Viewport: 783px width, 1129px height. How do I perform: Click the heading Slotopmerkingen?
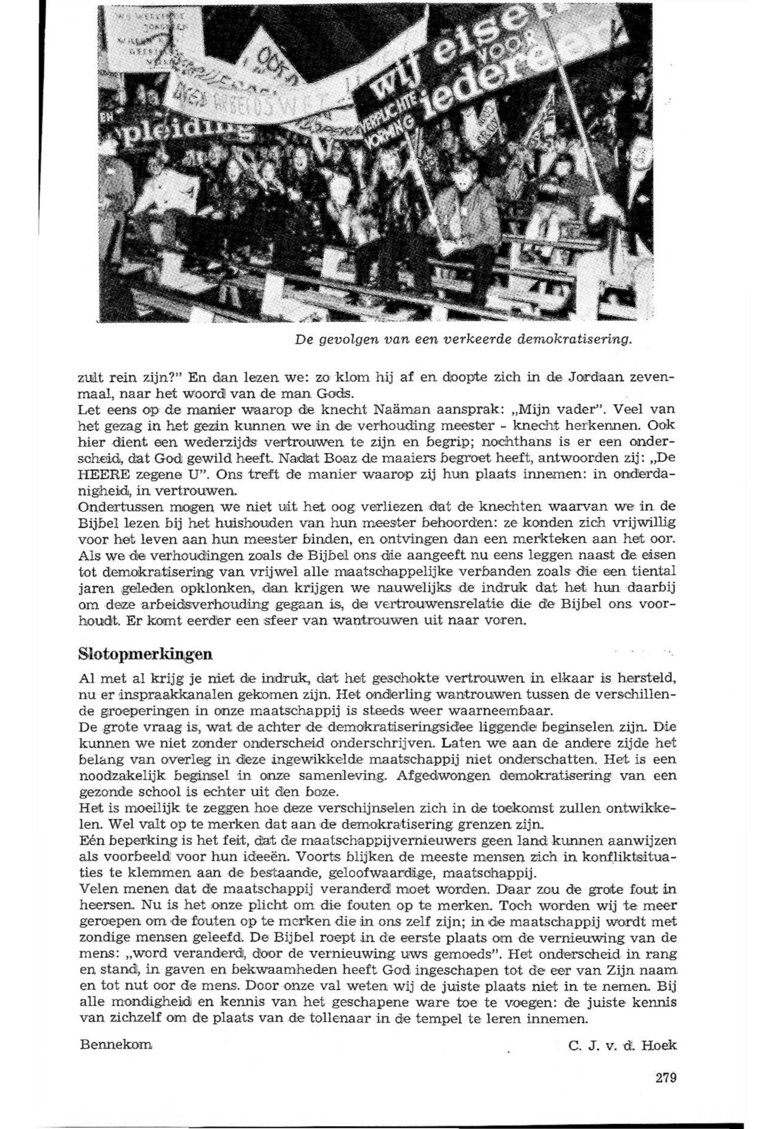click(x=145, y=654)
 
